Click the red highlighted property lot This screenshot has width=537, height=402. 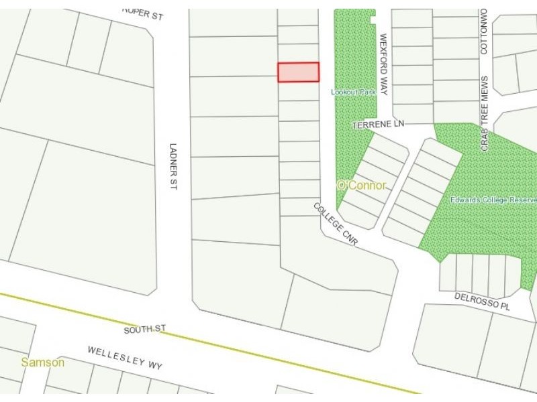[x=299, y=72]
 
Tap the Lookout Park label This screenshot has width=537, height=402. [x=353, y=92]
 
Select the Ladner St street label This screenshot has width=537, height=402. [x=173, y=166]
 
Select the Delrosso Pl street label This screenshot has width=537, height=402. [x=482, y=301]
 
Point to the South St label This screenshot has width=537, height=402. [x=144, y=330]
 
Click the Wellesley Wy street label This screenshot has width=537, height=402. [x=126, y=358]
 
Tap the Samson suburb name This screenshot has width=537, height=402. [x=43, y=362]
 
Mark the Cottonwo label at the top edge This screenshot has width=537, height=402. [x=483, y=27]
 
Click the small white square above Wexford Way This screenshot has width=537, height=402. [x=373, y=20]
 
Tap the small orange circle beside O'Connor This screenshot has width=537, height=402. [x=340, y=184]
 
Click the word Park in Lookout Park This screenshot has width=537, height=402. [x=367, y=92]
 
